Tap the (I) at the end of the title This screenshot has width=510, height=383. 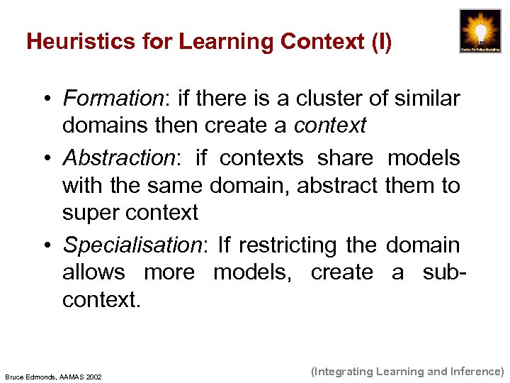380,42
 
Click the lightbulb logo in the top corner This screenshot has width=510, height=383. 480,30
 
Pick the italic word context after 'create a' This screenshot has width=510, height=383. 330,126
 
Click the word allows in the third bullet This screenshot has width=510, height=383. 93,272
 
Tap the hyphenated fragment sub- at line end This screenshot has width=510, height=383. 438,272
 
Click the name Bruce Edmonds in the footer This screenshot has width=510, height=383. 30,376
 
